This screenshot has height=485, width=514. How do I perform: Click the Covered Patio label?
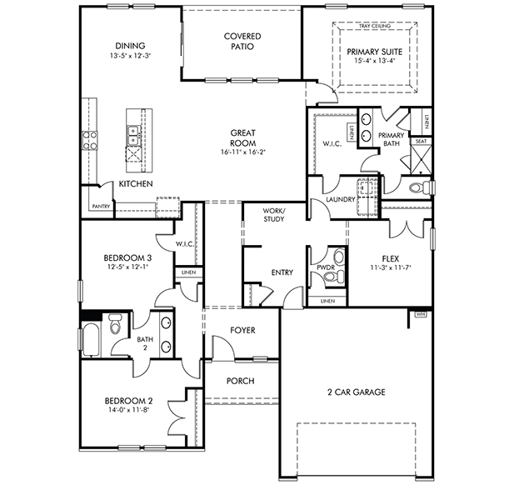pyautogui.click(x=242, y=42)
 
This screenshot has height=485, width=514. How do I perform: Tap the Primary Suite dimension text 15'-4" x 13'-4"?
pyautogui.click(x=374, y=60)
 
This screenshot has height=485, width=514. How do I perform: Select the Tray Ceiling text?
pyautogui.click(x=374, y=26)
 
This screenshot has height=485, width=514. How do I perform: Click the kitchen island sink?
pyautogui.click(x=133, y=135)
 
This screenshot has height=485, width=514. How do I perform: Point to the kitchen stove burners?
pyautogui.click(x=89, y=140)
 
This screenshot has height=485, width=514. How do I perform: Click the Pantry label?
pyautogui.click(x=101, y=207)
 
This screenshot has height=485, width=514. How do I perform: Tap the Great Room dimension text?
pyautogui.click(x=242, y=152)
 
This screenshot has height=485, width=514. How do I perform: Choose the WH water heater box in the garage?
pyautogui.click(x=421, y=314)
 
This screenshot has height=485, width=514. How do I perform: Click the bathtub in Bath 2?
pyautogui.click(x=90, y=340)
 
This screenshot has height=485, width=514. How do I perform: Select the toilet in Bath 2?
pyautogui.click(x=115, y=323)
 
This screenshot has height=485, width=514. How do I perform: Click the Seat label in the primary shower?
pyautogui.click(x=421, y=141)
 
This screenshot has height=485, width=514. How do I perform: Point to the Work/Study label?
pyautogui.click(x=274, y=215)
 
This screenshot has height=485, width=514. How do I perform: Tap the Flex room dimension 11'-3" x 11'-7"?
pyautogui.click(x=391, y=267)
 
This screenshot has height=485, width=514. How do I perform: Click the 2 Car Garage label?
pyautogui.click(x=357, y=392)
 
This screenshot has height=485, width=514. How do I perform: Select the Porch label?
pyautogui.click(x=240, y=381)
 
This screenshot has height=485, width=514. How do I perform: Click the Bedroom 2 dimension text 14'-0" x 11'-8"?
pyautogui.click(x=128, y=409)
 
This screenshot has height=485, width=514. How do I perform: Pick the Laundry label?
pyautogui.click(x=341, y=199)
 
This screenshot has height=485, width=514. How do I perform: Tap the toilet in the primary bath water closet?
pyautogui.click(x=421, y=187)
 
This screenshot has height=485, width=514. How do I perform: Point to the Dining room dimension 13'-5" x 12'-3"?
pyautogui.click(x=130, y=56)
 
